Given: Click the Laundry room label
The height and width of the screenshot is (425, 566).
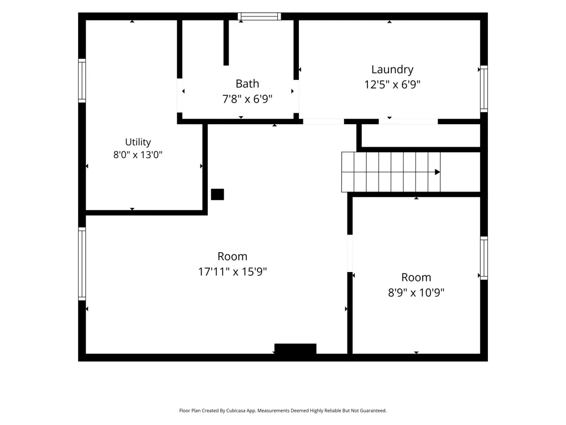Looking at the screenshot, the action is [392, 70].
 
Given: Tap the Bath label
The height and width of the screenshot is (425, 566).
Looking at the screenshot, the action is [247, 84].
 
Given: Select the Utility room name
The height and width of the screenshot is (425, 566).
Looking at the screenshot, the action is [138, 142].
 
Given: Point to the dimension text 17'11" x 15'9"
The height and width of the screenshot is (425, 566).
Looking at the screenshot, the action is [233, 271].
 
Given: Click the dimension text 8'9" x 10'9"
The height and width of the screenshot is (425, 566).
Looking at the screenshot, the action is [416, 292].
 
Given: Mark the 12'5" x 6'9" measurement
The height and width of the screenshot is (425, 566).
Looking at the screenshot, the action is [392, 84].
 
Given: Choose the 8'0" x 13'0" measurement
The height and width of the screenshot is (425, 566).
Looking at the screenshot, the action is [138, 155].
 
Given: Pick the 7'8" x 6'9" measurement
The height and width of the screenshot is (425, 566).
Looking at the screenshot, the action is [247, 99].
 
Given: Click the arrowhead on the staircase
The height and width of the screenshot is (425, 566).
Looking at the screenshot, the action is [438, 172].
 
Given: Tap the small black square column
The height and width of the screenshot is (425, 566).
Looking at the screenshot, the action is [217, 194].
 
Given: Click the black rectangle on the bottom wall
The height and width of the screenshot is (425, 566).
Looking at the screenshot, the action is [295, 348].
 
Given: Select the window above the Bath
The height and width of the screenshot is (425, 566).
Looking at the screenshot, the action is [259, 16].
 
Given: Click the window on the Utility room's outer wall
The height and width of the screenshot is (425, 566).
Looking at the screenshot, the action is [82, 80].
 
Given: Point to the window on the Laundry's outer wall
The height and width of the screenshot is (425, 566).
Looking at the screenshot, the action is [484, 89].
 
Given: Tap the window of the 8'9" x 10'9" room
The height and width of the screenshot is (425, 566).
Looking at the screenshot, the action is [484, 258].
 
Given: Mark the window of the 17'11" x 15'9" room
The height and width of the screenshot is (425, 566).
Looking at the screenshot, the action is [82, 264].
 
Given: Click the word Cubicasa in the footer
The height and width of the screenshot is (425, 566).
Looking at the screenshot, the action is [236, 410].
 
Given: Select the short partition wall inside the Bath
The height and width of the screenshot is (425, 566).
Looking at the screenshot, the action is [226, 42].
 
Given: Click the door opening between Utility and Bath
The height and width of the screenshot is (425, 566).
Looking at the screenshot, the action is [179, 95].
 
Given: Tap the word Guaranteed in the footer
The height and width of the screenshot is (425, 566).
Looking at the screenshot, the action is [373, 410].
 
